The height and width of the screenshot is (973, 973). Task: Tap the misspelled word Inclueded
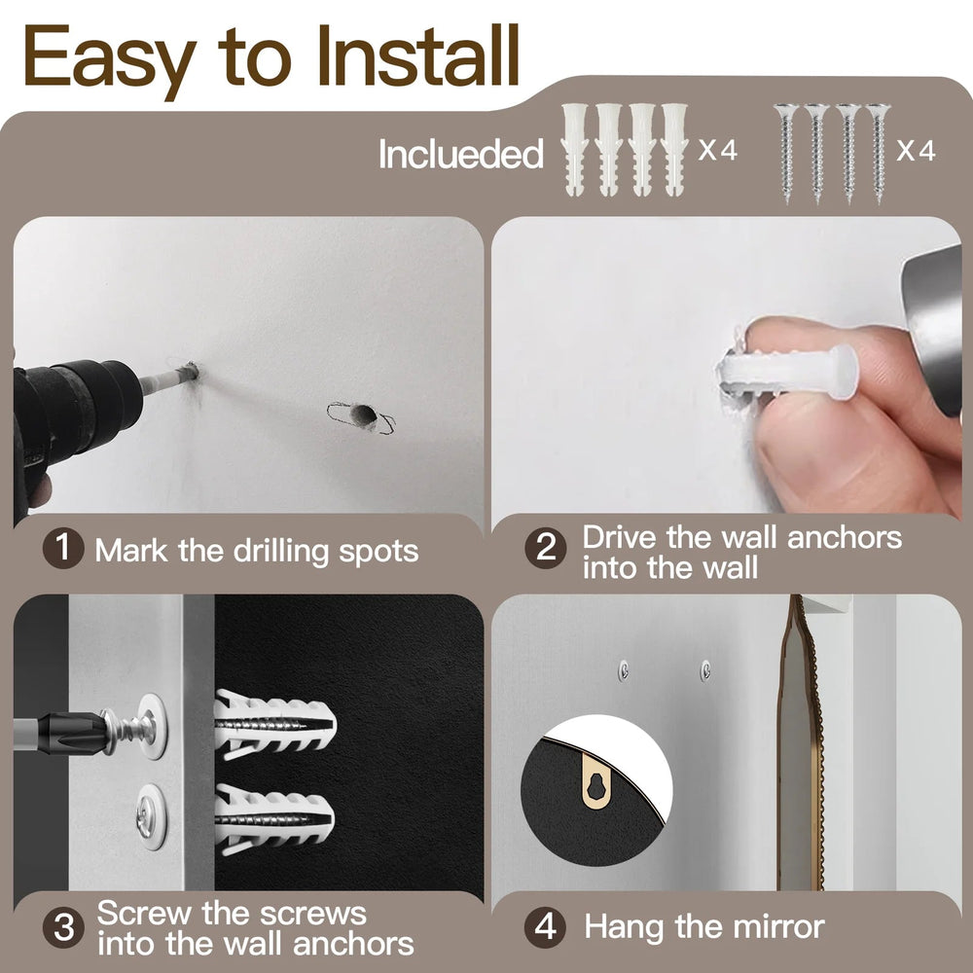click(x=460, y=154)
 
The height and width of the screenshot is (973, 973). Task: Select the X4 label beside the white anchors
click(x=718, y=151)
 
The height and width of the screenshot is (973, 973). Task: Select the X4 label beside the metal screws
click(x=915, y=151)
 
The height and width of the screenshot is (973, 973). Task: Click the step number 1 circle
click(x=63, y=549)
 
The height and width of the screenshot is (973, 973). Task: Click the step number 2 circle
click(x=546, y=549)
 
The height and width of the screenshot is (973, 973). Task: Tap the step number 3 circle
click(x=63, y=926)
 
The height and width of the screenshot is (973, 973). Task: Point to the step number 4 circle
click(x=546, y=926)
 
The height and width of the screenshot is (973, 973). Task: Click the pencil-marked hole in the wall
click(x=361, y=416)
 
